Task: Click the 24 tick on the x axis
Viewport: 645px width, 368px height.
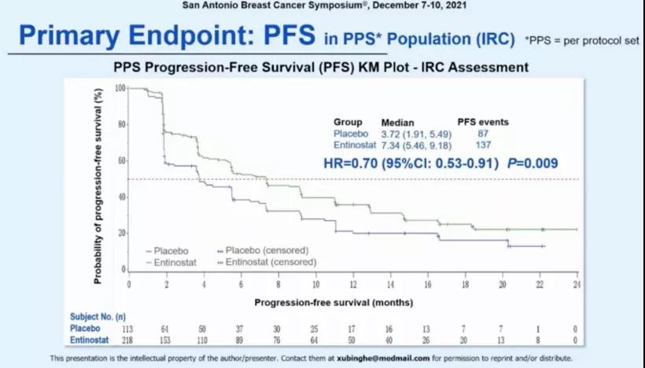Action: (x=577, y=284)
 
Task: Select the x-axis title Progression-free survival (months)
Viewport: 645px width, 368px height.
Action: (x=334, y=301)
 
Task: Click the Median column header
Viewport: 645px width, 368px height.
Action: (x=397, y=123)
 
